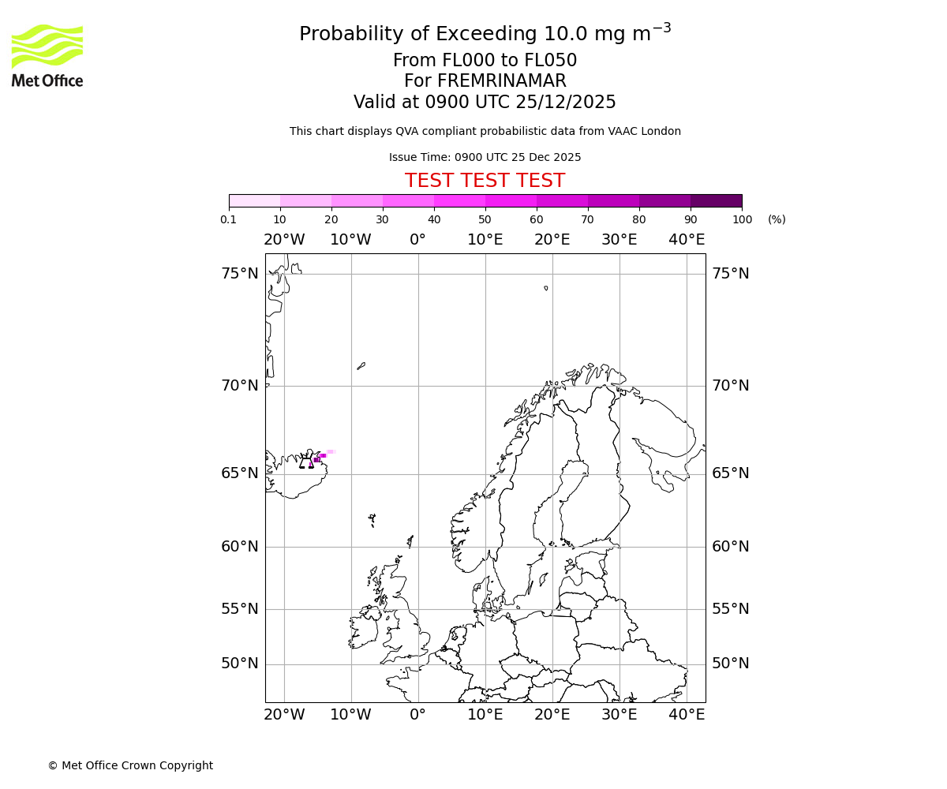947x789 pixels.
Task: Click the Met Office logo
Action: pyautogui.click(x=47, y=55)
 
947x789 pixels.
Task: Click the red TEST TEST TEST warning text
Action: pyautogui.click(x=485, y=181)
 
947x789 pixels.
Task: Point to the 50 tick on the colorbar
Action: pyautogui.click(x=485, y=219)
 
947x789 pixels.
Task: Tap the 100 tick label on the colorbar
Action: pyautogui.click(x=742, y=219)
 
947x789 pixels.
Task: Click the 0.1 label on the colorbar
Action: pyautogui.click(x=229, y=219)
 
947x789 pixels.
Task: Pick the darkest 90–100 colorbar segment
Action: pyautogui.click(x=716, y=200)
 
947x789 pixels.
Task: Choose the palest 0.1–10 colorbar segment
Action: pyautogui.click(x=254, y=200)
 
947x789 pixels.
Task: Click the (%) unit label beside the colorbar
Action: pyautogui.click(x=777, y=219)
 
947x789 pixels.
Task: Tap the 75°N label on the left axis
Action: pyautogui.click(x=240, y=274)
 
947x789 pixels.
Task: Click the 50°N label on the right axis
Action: pyautogui.click(x=731, y=664)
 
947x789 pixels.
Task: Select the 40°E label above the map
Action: pyautogui.click(x=687, y=240)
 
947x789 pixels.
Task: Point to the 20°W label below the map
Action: pyautogui.click(x=284, y=715)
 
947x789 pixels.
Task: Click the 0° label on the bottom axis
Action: pyautogui.click(x=418, y=715)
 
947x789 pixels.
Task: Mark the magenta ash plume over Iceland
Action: pyautogui.click(x=319, y=458)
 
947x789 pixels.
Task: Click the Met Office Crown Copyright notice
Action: pyautogui.click(x=130, y=765)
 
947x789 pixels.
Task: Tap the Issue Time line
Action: pyautogui.click(x=485, y=157)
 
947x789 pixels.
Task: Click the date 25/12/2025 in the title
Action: pyautogui.click(x=566, y=102)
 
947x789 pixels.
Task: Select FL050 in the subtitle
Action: pyautogui.click(x=550, y=61)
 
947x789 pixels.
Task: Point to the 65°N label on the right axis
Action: pyautogui.click(x=731, y=473)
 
